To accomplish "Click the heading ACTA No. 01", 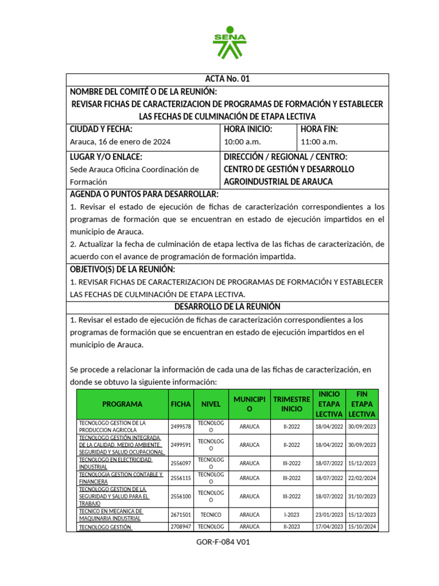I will pyautogui.click(x=228, y=79).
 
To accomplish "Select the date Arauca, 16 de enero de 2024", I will pyautogui.click(x=119, y=141).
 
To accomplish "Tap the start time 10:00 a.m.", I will pyautogui.click(x=242, y=141).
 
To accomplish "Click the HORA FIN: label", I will pyautogui.click(x=319, y=129).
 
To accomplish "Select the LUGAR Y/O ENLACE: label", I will pyautogui.click(x=106, y=157).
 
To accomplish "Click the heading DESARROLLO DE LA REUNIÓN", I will pyautogui.click(x=228, y=307).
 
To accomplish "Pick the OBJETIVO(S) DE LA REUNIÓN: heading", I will pyautogui.click(x=122, y=270).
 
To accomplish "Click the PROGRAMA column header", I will pyautogui.click(x=122, y=404).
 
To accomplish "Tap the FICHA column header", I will pyautogui.click(x=181, y=404).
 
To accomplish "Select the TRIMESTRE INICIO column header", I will pyautogui.click(x=292, y=404).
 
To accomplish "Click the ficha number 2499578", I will pyautogui.click(x=181, y=427).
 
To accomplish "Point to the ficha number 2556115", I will pyautogui.click(x=181, y=478).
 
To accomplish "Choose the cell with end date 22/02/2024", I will pyautogui.click(x=362, y=478).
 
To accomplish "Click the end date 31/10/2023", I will pyautogui.click(x=362, y=496).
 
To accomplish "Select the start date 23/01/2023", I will pyautogui.click(x=329, y=514).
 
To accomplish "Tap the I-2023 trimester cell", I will pyautogui.click(x=292, y=514).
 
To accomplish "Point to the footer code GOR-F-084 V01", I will pyautogui.click(x=223, y=543).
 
